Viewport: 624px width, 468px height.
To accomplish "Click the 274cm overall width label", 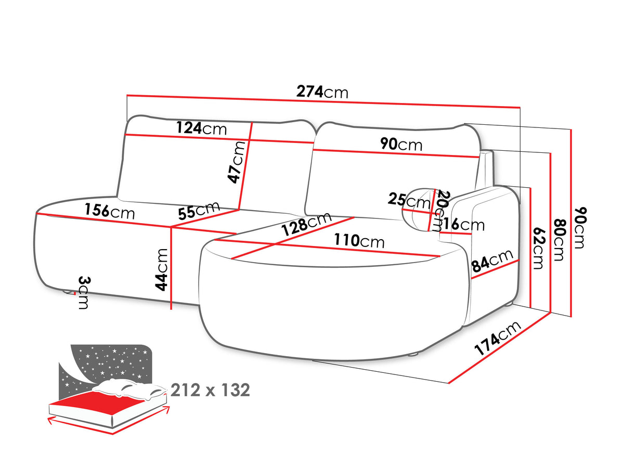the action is click(322, 92).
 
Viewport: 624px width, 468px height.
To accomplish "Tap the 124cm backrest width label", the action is click(201, 128).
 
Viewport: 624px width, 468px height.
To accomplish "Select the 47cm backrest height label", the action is click(236, 162).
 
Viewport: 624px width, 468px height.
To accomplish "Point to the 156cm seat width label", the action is click(110, 211).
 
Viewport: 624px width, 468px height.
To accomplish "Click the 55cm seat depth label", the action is click(199, 210).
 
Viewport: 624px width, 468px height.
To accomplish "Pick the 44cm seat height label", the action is click(161, 269).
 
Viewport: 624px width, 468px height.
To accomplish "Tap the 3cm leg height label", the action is click(83, 292).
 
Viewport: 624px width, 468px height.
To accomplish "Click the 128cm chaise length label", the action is click(306, 225).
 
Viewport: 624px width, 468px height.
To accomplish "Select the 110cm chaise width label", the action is click(359, 241).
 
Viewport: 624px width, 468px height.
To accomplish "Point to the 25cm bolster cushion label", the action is click(409, 201).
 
